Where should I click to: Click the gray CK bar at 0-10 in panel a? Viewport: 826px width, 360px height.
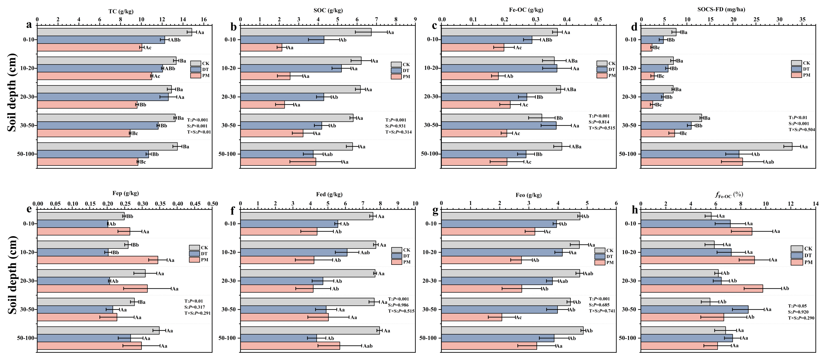click(115, 32)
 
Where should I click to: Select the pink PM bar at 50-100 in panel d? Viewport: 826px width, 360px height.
click(692, 162)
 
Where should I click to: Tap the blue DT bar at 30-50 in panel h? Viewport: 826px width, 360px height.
click(694, 309)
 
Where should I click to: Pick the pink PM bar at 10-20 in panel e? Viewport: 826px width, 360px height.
click(97, 260)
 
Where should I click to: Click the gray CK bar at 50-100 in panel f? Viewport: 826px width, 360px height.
click(310, 330)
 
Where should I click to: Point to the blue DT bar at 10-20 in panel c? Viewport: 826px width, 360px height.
click(499, 68)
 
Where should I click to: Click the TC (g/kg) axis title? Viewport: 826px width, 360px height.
click(121, 12)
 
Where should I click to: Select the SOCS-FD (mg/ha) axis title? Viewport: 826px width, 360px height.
click(721, 10)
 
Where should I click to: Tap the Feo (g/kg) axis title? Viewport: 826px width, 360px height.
click(528, 195)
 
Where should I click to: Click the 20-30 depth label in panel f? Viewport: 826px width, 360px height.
click(229, 281)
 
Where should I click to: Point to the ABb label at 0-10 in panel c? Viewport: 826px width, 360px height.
click(547, 40)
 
